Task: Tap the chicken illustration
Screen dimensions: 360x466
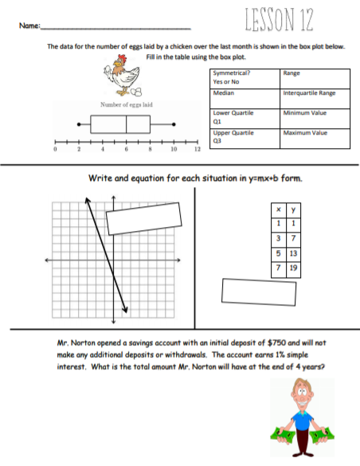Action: (x=122, y=80)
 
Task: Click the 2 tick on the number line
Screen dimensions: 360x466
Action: (x=78, y=147)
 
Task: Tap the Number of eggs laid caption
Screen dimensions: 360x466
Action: (x=127, y=104)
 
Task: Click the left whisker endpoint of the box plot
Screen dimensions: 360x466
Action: (x=78, y=124)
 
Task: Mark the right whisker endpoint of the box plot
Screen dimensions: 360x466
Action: (x=174, y=124)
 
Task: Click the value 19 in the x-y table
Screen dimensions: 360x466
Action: (x=294, y=269)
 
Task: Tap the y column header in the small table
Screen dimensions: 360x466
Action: (x=294, y=210)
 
